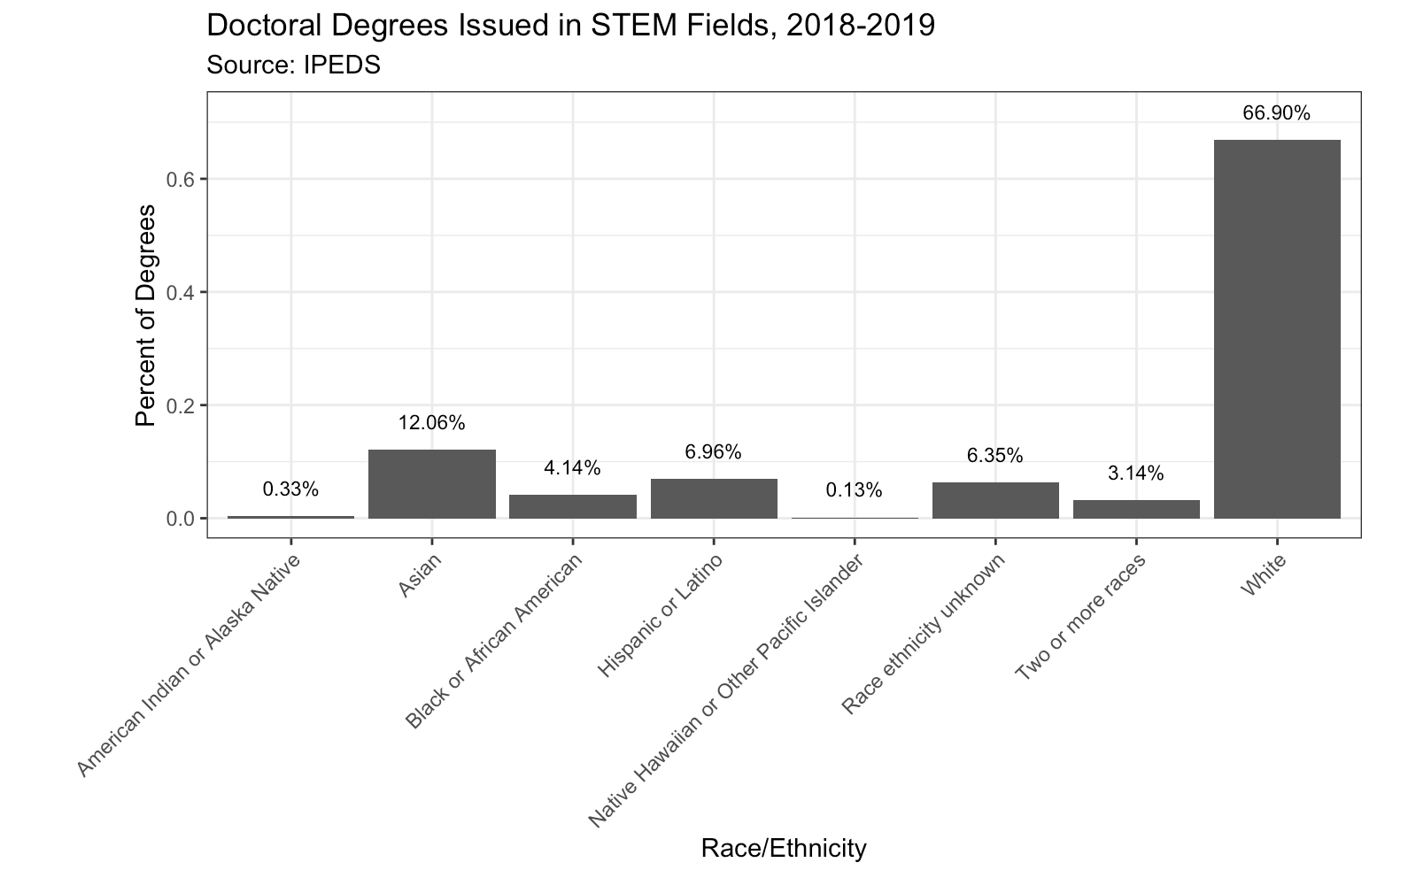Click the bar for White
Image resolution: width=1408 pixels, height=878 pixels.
[x=1276, y=328]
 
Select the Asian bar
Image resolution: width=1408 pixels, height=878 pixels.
[x=431, y=483]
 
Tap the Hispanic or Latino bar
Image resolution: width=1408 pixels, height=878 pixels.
[x=714, y=498]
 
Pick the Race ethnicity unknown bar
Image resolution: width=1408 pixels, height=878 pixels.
[x=995, y=500]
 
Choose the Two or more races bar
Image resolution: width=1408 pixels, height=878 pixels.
[x=1136, y=509]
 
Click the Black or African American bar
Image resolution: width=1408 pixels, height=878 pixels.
[x=573, y=506]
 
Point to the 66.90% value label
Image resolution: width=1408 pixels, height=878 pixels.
[x=1276, y=113]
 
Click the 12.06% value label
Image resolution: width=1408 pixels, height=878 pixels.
[x=431, y=423]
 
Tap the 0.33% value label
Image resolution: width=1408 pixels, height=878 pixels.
[x=290, y=489]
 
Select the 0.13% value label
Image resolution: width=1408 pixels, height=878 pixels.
[x=854, y=489]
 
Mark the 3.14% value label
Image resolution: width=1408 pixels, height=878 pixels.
[x=1136, y=474]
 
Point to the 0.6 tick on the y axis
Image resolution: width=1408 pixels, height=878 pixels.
[x=181, y=179]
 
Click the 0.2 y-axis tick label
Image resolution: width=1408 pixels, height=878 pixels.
[x=181, y=405]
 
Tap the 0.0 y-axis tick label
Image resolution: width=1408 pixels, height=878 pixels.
[x=181, y=518]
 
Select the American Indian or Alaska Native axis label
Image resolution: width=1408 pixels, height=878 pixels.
[x=190, y=666]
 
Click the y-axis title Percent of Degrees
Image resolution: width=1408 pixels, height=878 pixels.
[x=146, y=315]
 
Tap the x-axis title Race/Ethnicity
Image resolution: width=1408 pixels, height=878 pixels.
[x=783, y=849]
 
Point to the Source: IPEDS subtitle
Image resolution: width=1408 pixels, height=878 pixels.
[x=293, y=65]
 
